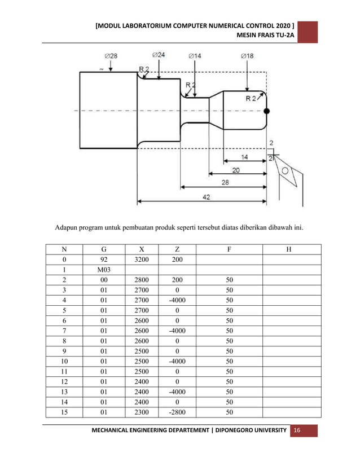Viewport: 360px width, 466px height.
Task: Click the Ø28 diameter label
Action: [111, 56]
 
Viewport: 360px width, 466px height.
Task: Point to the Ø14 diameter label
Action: [195, 56]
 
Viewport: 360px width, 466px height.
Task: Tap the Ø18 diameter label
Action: [247, 56]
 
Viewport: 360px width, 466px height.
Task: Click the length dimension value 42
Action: [207, 197]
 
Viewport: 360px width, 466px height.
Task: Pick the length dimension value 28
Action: [225, 183]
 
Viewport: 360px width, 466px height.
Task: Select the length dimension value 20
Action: [235, 169]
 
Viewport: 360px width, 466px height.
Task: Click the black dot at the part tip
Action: [266, 111]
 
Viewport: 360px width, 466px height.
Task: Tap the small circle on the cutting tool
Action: [286, 170]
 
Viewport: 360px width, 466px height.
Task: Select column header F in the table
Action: [229, 249]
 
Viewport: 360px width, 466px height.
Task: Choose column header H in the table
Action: [289, 249]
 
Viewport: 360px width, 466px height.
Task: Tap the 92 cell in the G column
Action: [104, 259]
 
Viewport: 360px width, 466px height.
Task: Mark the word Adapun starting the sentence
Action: [67, 229]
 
